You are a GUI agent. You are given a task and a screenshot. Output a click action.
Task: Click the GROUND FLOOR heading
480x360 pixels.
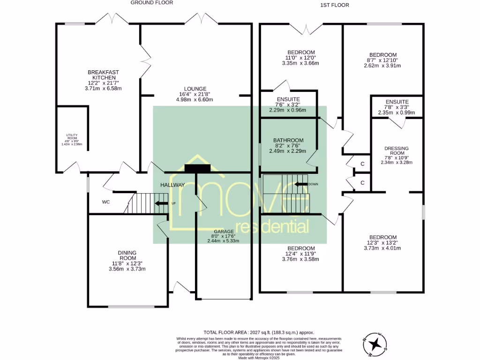pyautogui.click(x=152, y=3)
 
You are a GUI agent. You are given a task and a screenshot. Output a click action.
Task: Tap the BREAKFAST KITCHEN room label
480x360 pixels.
pyautogui.click(x=104, y=75)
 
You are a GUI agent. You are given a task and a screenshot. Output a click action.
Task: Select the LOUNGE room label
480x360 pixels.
pyautogui.click(x=195, y=89)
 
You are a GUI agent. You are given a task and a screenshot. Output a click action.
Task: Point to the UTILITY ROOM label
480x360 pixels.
pyautogui.click(x=71, y=135)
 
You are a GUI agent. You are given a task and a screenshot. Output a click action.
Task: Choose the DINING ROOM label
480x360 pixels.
pyautogui.click(x=127, y=255)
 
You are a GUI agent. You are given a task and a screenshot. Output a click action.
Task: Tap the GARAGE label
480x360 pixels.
pyautogui.click(x=223, y=232)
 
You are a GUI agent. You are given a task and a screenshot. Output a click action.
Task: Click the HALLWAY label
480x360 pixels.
pyautogui.click(x=172, y=185)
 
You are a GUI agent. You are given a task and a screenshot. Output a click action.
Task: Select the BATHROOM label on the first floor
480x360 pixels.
pyautogui.click(x=288, y=140)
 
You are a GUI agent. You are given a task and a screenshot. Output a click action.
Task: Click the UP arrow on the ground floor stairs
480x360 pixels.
pyautogui.click(x=161, y=203)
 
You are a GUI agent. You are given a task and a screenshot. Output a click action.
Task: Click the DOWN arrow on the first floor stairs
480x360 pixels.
pyautogui.click(x=300, y=184)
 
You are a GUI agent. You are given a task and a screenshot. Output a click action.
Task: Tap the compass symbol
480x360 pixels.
pyautogui.click(x=375, y=345)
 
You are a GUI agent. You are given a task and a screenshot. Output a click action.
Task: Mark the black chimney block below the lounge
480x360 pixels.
pyautogui.click(x=198, y=168)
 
